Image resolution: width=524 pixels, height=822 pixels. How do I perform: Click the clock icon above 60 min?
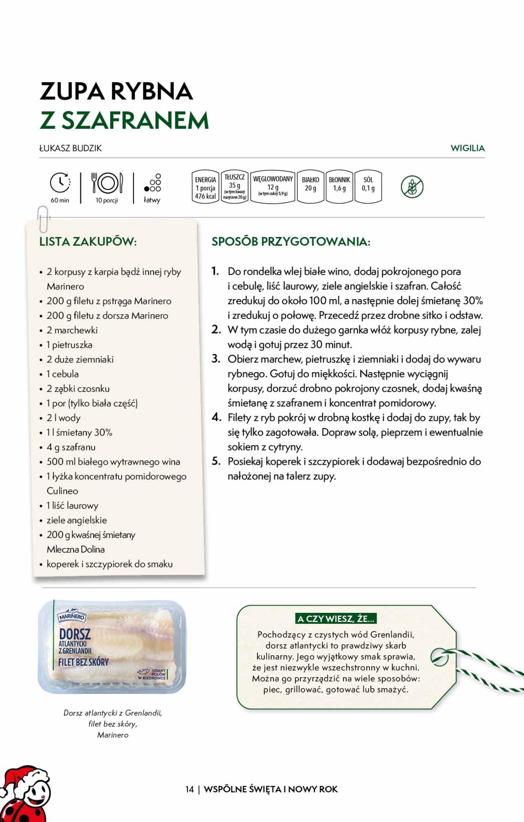60,183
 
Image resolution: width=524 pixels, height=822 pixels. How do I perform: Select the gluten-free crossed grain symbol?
412,187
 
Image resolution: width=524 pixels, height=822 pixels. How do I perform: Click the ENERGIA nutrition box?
205,187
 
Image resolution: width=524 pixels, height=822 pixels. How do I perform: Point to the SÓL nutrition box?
368,187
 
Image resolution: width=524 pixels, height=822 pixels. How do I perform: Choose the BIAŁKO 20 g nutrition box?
310,187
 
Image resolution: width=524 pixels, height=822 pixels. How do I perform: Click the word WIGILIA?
467,148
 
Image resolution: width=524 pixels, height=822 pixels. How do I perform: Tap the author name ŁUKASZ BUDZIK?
71,148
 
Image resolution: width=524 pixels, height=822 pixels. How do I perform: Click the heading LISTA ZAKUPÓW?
88,241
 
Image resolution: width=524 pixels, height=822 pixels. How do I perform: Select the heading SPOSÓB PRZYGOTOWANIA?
291,241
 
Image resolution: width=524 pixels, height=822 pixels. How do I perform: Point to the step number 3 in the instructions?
216,359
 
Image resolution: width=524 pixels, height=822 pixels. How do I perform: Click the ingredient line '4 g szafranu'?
71,447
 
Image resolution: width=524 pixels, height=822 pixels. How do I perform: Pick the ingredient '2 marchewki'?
72,330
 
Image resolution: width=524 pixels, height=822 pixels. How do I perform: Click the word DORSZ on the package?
75,634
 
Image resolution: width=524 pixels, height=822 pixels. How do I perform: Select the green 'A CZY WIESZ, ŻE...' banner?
336,619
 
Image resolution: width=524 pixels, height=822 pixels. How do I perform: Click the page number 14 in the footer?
190,789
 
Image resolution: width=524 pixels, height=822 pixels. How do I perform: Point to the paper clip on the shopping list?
43,219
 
